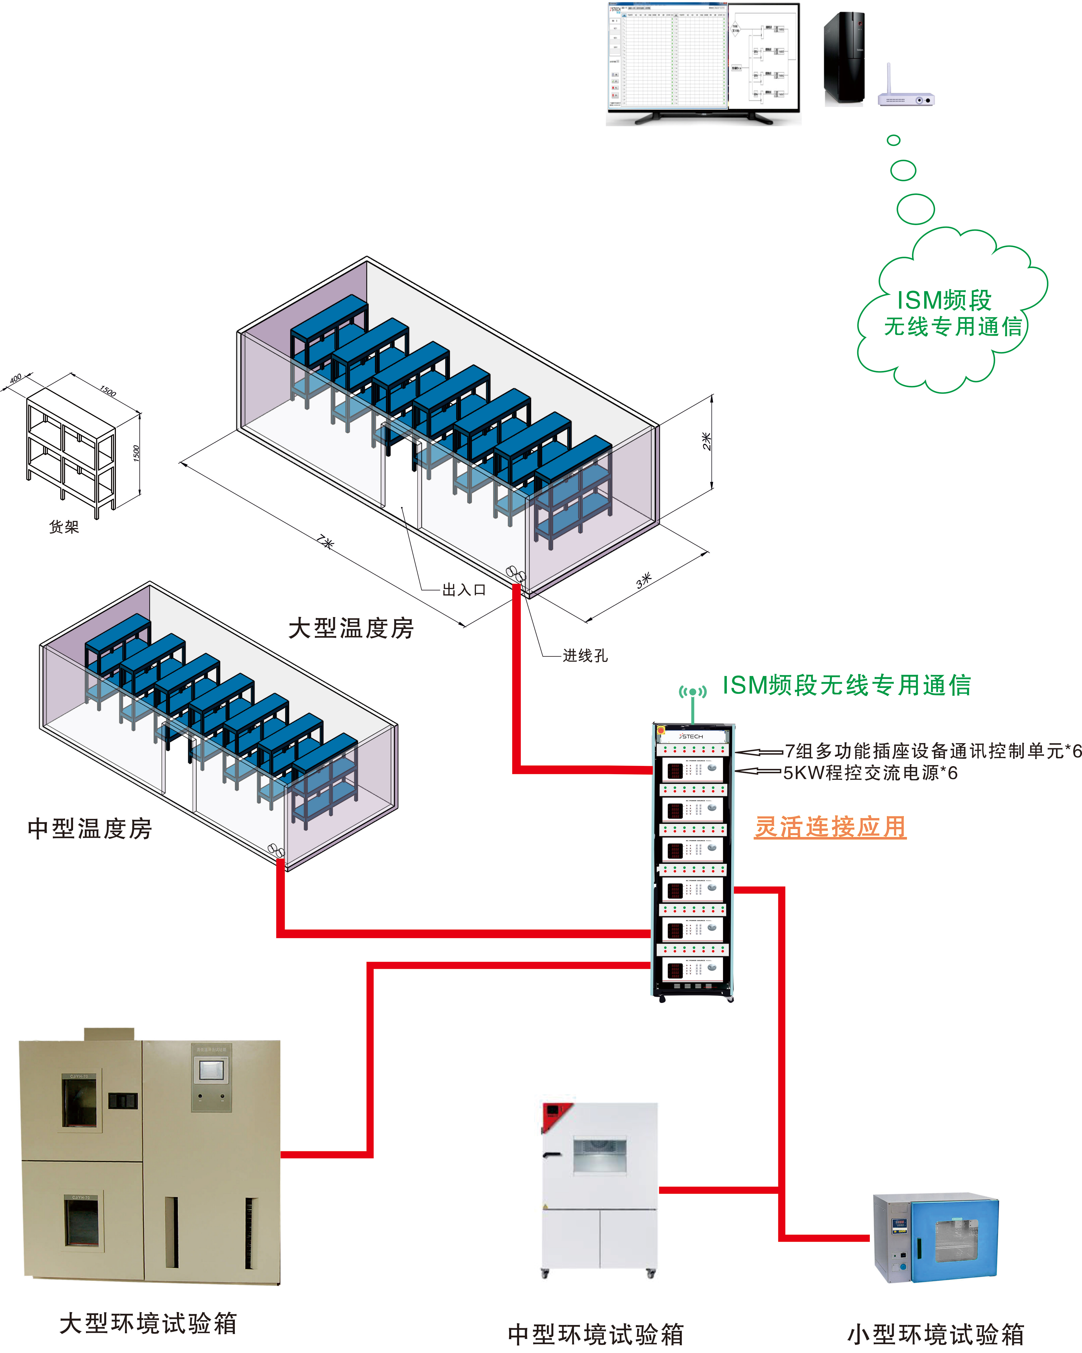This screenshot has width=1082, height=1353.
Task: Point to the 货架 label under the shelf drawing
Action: (64, 526)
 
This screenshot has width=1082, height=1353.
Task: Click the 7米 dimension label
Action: (325, 541)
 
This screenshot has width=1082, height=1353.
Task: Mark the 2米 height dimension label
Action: (707, 441)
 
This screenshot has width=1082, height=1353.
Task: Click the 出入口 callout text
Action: (464, 590)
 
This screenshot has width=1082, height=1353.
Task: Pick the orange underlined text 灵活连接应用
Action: (830, 827)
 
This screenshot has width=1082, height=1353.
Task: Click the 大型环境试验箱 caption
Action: (148, 1323)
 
